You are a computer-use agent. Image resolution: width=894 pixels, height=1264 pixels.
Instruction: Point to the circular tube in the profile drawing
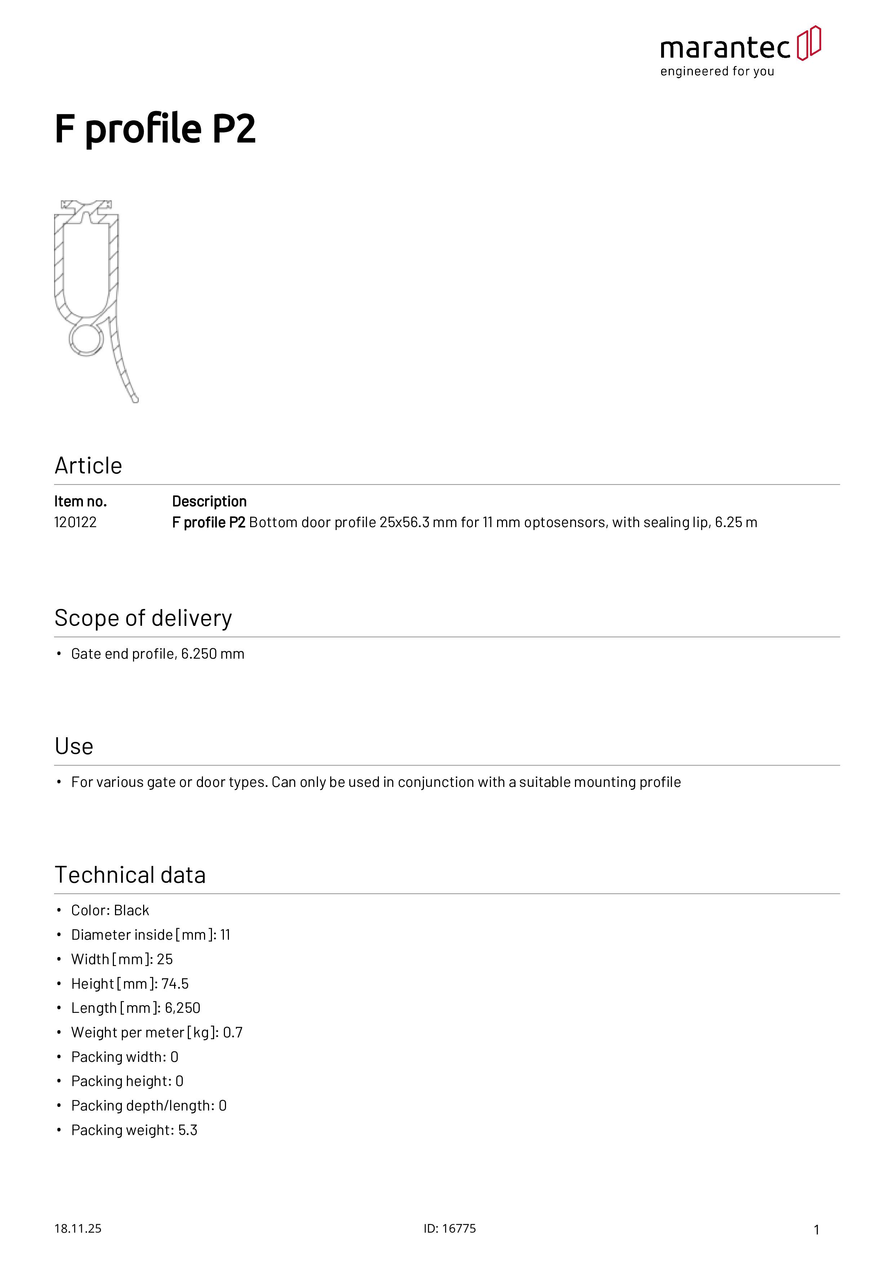coord(87,339)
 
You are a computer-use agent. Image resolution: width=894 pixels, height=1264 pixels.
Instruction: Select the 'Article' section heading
coord(88,466)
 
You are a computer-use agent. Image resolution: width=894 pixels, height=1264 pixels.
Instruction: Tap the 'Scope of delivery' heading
coord(143,618)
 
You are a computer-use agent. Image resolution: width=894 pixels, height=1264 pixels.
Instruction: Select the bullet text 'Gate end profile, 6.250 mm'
coord(158,654)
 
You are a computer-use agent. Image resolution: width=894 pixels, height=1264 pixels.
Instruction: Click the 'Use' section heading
coord(74,747)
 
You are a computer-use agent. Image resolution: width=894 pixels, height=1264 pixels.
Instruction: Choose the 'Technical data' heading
coord(130,875)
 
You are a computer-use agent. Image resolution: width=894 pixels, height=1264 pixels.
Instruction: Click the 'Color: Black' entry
coord(110,910)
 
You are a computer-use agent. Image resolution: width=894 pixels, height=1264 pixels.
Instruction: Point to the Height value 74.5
coord(175,983)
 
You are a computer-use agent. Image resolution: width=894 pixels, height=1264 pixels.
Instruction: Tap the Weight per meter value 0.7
coord(233,1032)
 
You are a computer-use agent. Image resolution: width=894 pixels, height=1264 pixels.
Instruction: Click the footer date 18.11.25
coord(78,1228)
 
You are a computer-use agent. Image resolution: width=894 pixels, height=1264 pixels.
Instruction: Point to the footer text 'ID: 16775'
coord(450,1228)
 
